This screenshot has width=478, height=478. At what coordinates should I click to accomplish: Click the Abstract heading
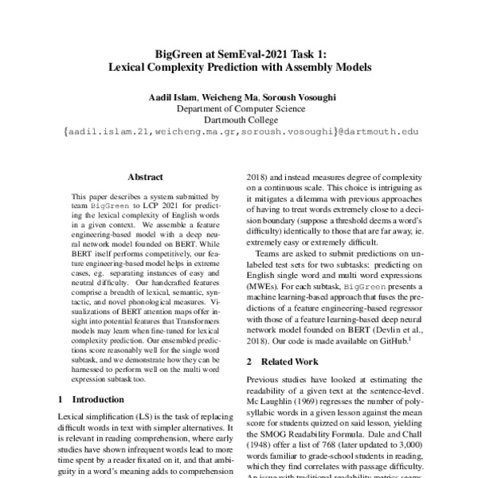click(x=146, y=178)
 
